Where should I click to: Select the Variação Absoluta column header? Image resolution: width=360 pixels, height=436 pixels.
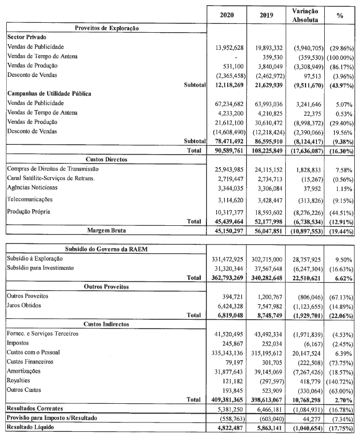click(306, 16)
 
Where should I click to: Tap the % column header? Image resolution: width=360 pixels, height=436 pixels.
click(340, 16)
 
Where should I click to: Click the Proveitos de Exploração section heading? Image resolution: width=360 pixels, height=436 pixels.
click(106, 28)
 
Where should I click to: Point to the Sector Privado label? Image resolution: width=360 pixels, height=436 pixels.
click(27, 38)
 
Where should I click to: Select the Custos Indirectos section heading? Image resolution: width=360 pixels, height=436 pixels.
click(106, 323)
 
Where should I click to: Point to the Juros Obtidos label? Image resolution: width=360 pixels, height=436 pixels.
click(25, 305)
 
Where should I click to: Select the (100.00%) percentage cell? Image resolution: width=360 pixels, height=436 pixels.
click(339, 56)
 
